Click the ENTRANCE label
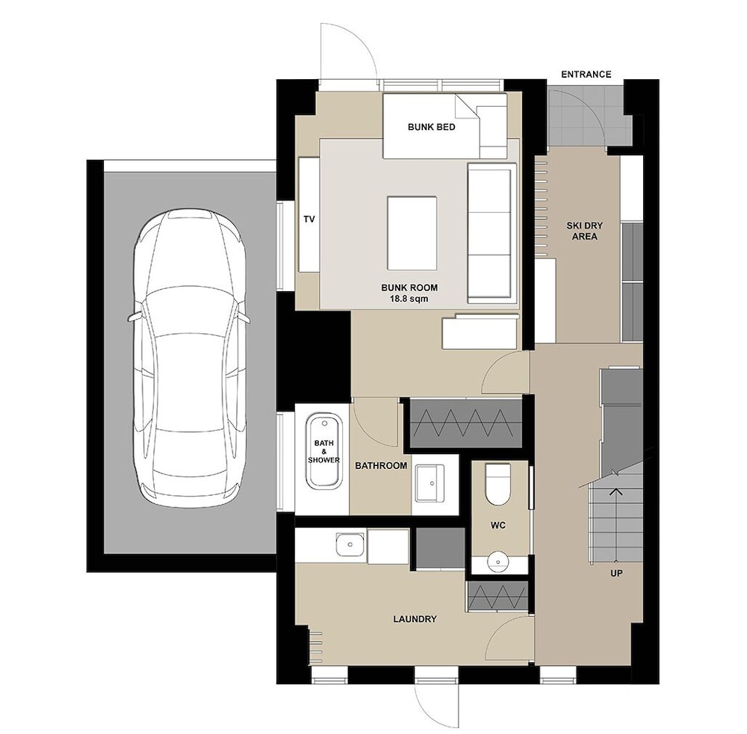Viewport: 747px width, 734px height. click(x=586, y=75)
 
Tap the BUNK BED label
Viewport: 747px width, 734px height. click(x=431, y=127)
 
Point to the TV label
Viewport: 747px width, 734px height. click(x=309, y=219)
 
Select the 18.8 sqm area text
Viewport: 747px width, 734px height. click(x=409, y=299)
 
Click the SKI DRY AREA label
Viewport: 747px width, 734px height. click(x=585, y=231)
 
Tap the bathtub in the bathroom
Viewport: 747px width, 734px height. click(x=323, y=451)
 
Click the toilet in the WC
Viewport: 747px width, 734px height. click(x=498, y=484)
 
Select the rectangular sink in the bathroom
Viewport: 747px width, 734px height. click(x=430, y=483)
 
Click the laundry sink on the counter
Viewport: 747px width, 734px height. click(x=350, y=545)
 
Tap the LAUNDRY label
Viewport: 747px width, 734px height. click(x=415, y=619)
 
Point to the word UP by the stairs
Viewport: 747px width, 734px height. click(x=616, y=573)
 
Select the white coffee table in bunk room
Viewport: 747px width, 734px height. click(x=412, y=234)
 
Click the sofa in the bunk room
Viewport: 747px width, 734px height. click(x=492, y=234)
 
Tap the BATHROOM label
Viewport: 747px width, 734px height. click(x=381, y=466)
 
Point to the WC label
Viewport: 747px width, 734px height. click(x=498, y=526)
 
